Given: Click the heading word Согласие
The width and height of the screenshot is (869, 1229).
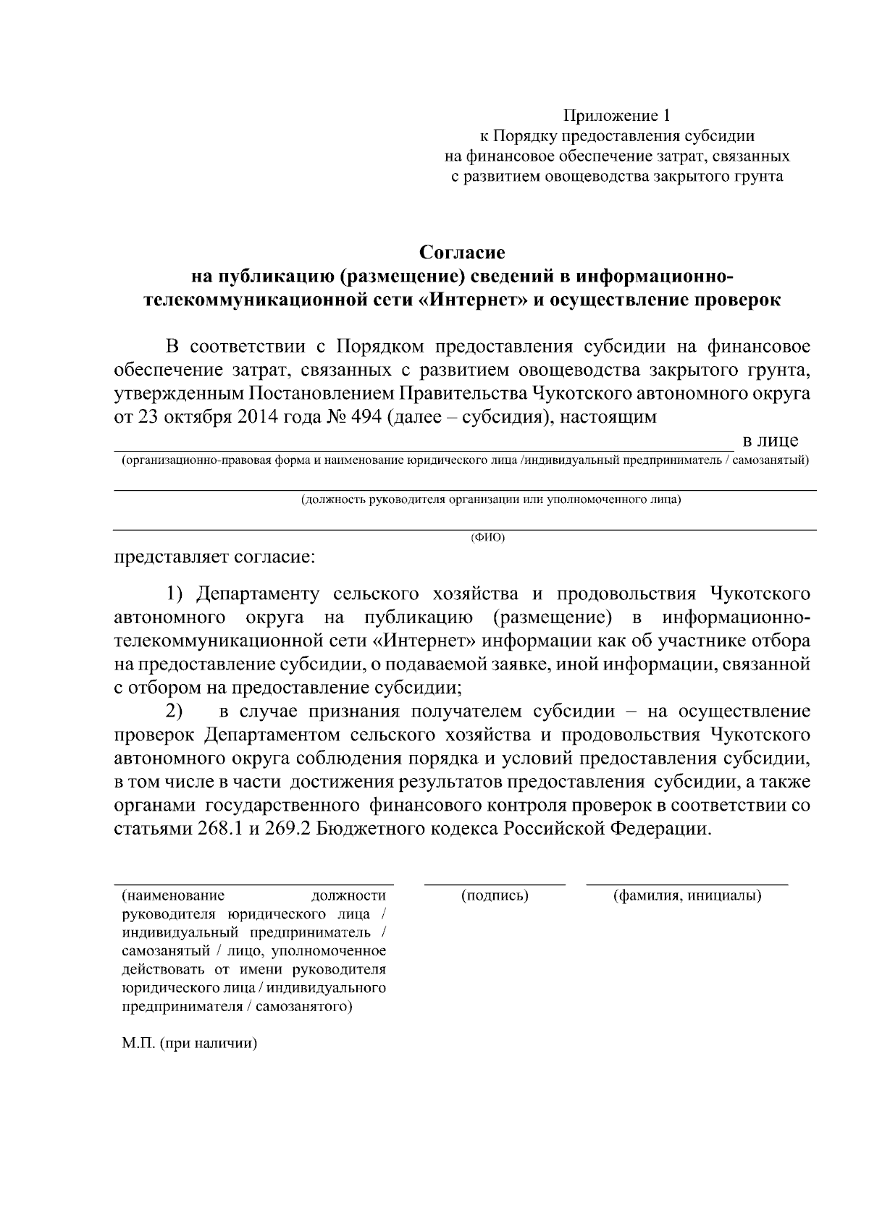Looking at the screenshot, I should (x=462, y=253).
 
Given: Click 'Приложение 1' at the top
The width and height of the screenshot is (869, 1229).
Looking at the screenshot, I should (x=618, y=116).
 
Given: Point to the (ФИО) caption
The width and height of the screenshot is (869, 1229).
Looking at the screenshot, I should (x=487, y=537).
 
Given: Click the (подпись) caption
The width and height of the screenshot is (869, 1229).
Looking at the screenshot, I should (x=495, y=896).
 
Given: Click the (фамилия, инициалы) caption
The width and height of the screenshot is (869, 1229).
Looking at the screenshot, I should (x=687, y=896).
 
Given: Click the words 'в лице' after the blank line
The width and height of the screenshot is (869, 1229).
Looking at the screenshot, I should (x=771, y=441).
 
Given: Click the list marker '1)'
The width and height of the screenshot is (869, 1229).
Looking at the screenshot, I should (x=178, y=594).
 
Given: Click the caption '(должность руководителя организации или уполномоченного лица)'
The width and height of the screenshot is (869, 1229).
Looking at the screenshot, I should (x=492, y=499).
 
